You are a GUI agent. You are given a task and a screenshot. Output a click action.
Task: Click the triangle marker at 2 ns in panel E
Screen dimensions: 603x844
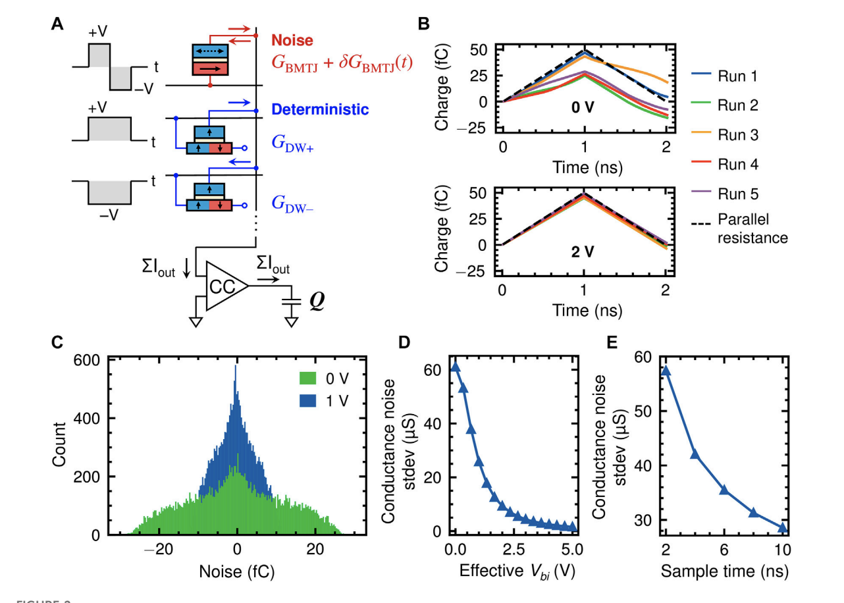click(665, 371)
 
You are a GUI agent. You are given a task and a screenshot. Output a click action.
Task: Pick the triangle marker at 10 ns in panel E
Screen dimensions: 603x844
click(782, 528)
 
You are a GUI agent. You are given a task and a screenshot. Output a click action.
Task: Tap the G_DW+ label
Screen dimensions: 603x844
click(292, 147)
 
